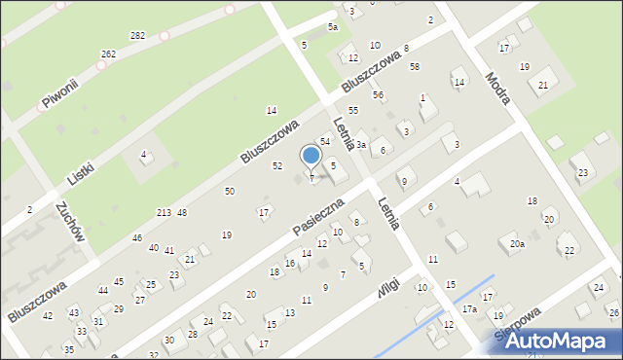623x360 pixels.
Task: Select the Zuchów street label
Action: (74, 225)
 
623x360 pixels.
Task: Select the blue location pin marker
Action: (311, 156)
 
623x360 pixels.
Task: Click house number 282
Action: (137, 35)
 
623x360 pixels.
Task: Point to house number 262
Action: (108, 54)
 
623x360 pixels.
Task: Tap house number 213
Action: (164, 212)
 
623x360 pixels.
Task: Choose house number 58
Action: (415, 66)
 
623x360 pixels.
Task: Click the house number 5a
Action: (332, 26)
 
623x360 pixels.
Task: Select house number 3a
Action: (360, 145)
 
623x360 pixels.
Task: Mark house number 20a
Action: (517, 244)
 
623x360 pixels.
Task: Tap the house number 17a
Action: (469, 308)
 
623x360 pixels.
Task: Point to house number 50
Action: (229, 191)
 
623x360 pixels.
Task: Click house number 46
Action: (137, 237)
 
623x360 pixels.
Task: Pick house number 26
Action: (611, 312)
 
